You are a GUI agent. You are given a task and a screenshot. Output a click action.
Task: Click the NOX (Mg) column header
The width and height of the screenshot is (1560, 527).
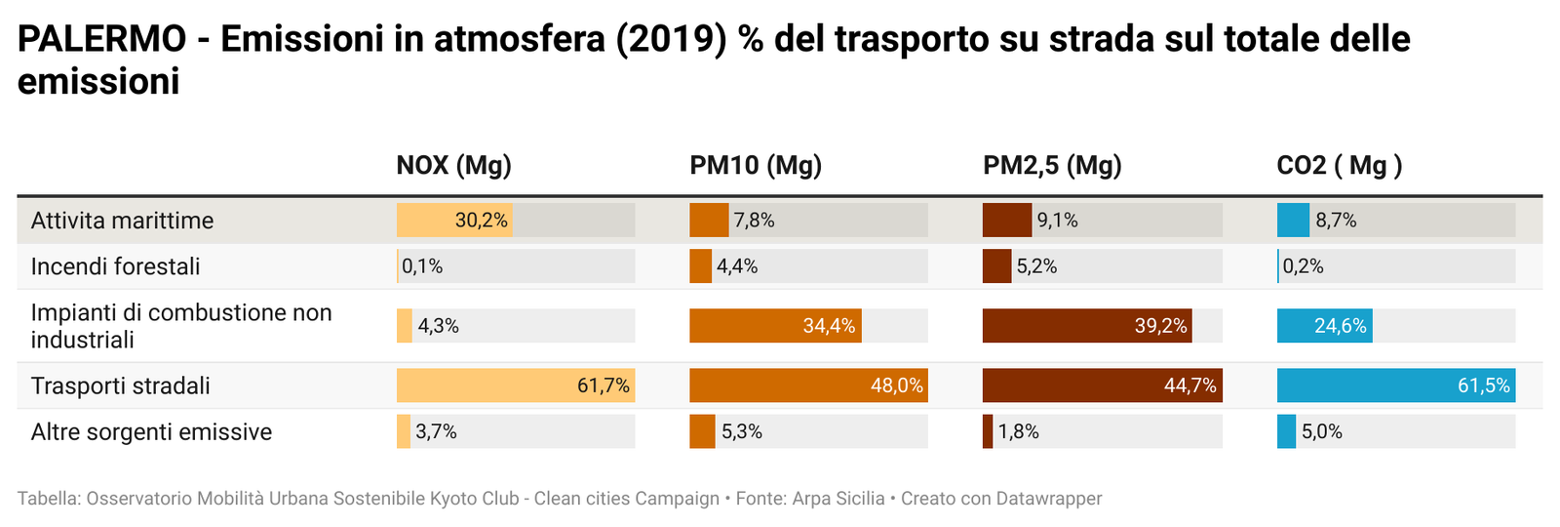coord(453,166)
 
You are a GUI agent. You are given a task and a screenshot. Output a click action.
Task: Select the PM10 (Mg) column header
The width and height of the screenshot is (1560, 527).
coord(756,166)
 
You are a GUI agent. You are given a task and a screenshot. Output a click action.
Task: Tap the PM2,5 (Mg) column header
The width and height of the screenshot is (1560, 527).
coord(1052,166)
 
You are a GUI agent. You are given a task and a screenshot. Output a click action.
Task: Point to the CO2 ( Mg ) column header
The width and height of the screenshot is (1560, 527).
coord(1339,166)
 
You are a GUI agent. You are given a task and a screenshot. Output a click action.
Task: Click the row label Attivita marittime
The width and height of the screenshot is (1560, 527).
coord(122,221)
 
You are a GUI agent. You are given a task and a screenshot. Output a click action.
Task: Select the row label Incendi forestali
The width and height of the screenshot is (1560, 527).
coord(115,266)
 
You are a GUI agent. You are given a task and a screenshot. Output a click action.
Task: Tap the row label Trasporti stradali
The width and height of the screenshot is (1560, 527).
coord(120,385)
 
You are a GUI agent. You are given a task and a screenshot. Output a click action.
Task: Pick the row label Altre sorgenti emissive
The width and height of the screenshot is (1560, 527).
coord(151,431)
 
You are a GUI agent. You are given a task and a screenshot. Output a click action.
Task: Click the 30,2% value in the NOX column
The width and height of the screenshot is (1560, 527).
coord(481,221)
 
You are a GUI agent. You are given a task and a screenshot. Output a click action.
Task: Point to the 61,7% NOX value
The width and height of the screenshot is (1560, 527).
coord(603,385)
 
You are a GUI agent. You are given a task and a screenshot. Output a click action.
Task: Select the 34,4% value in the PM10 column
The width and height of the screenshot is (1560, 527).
coord(829,326)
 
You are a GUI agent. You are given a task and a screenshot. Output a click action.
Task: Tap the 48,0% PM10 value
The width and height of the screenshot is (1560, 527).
coord(896,385)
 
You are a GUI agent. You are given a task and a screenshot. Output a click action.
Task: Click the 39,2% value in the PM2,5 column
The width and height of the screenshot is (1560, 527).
coord(1160,326)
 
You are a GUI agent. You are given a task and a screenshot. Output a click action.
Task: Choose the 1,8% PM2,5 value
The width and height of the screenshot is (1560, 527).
coord(1018,431)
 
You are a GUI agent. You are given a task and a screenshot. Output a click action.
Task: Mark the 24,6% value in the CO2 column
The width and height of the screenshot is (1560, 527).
coord(1340,326)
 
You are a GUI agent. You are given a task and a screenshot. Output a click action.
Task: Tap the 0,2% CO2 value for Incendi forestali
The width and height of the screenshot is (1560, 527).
coord(1303,266)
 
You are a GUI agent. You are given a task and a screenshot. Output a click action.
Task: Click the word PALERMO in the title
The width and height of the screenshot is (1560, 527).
coord(101,39)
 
